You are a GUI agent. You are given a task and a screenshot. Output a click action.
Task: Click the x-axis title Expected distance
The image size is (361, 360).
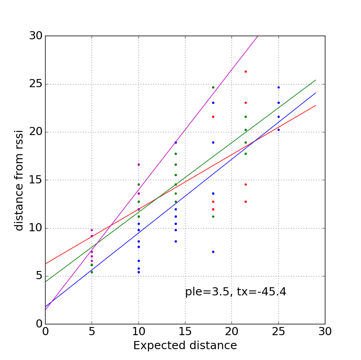(x=185, y=346)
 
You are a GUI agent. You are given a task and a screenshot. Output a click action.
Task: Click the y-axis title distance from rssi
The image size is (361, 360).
(x=19, y=180)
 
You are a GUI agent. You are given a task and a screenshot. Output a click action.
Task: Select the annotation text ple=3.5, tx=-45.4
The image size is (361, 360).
(x=236, y=292)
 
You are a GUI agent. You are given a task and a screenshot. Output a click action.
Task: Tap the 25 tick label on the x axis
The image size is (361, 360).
(x=278, y=332)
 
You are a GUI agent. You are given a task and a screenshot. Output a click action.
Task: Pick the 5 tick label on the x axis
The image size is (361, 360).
(x=92, y=332)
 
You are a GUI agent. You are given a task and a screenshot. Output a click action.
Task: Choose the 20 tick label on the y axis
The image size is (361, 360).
(x=36, y=132)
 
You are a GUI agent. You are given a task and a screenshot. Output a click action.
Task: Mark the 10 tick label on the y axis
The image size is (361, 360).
(x=36, y=228)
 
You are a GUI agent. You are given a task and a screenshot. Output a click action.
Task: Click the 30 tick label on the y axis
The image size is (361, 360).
(x=36, y=36)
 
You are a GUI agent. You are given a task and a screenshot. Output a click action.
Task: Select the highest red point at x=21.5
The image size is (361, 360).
(x=245, y=71)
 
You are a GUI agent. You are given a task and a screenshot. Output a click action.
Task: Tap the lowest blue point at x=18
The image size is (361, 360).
(x=213, y=252)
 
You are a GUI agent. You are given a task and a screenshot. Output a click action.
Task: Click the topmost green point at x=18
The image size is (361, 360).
(x=213, y=87)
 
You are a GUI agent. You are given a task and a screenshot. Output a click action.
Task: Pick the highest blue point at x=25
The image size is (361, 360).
(x=278, y=87)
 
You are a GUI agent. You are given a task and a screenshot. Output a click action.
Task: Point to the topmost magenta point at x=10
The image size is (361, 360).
(x=139, y=164)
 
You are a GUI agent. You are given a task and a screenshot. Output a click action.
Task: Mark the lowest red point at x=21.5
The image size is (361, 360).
(x=245, y=201)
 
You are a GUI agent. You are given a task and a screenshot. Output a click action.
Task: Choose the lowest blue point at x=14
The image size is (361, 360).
(x=176, y=241)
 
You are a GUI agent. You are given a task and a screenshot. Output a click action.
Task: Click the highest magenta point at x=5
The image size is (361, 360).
(x=92, y=230)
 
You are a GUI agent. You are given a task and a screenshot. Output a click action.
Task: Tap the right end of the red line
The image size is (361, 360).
(x=315, y=105)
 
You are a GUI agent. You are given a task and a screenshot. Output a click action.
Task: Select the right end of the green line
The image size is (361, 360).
(x=315, y=80)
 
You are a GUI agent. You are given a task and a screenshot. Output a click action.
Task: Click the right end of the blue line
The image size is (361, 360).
(x=315, y=93)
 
